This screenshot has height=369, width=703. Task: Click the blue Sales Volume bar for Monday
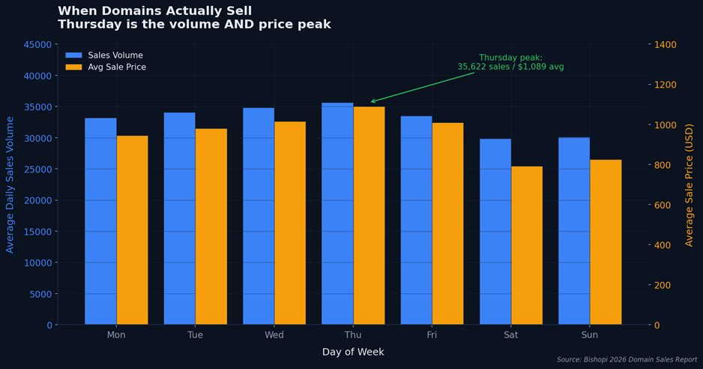[x=100, y=221]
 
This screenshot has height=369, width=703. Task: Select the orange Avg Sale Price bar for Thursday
[x=369, y=215]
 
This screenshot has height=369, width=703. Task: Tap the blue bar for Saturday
[x=495, y=232]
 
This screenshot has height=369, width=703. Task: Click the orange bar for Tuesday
[x=211, y=226]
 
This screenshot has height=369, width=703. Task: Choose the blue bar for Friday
[x=416, y=220]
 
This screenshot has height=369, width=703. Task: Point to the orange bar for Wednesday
[x=290, y=223]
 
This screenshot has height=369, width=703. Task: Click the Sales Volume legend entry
[x=115, y=55]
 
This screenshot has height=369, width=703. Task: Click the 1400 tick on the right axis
[x=666, y=45]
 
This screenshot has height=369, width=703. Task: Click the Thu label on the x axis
[x=353, y=335]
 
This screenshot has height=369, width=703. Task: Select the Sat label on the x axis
[x=511, y=335]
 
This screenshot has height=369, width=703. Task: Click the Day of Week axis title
[x=353, y=352]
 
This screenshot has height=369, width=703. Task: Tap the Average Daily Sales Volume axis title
[x=10, y=184]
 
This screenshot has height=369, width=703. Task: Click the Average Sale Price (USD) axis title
[x=690, y=184]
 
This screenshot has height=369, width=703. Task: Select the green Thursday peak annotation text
[x=510, y=62]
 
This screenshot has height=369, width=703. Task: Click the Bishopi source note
[x=627, y=360]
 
